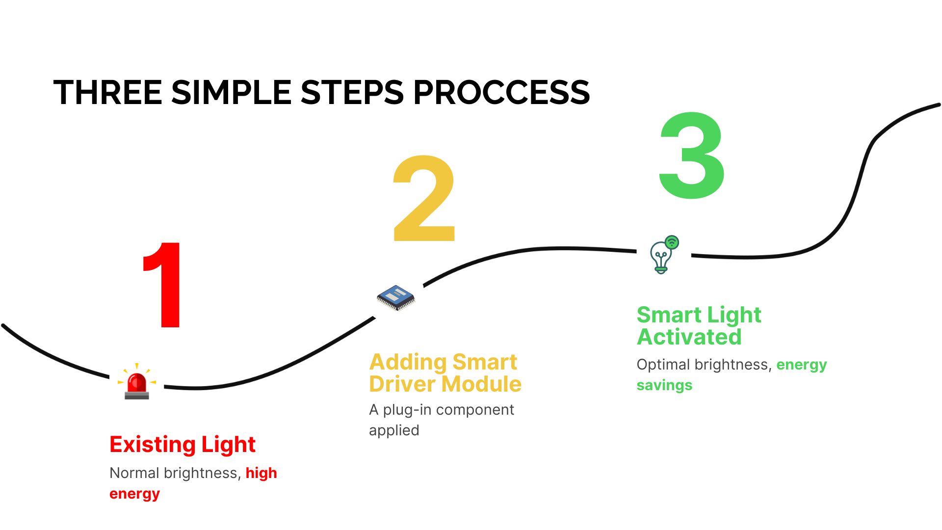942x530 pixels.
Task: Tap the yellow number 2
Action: point(425,199)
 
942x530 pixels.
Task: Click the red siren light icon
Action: point(136,382)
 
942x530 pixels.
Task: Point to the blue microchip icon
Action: point(395,297)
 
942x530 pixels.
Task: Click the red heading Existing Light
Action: point(183,445)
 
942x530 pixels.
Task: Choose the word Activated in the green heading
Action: point(689,337)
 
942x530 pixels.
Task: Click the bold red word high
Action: point(261,473)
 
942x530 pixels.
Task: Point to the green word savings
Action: point(664,385)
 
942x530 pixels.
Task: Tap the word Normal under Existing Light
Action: point(134,473)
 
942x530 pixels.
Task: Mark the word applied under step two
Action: point(394,430)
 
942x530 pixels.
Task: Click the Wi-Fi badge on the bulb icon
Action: point(672,242)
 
